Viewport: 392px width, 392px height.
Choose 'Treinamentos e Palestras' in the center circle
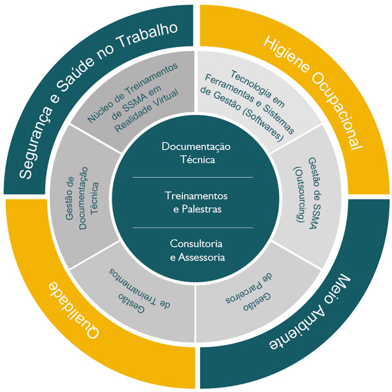[x=193, y=203]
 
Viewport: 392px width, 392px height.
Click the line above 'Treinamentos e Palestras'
[x=193, y=177]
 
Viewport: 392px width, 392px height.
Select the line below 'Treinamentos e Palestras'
[x=193, y=227]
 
